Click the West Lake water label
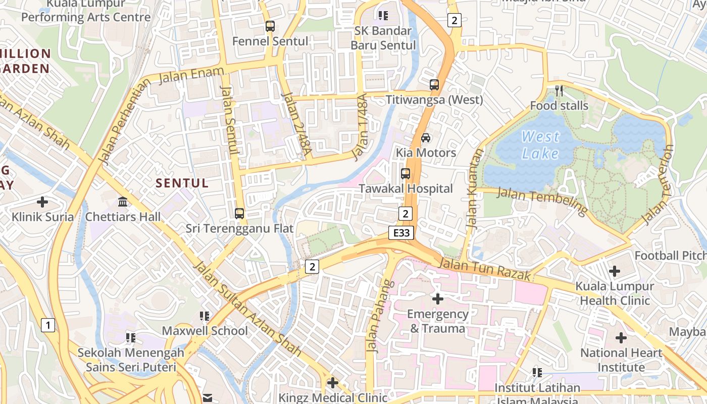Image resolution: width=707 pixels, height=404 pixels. [x=540, y=145]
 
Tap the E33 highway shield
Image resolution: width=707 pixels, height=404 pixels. [x=402, y=233]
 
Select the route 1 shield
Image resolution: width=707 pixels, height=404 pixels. [x=47, y=325]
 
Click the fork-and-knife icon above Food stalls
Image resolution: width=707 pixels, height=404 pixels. [x=559, y=91]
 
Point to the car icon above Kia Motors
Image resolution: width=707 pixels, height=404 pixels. [x=426, y=138]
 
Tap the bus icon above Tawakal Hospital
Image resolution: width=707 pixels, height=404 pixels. [x=405, y=174]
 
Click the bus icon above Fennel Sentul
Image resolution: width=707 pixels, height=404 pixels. [x=270, y=26]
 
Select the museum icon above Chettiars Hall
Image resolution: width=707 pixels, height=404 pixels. [x=123, y=202]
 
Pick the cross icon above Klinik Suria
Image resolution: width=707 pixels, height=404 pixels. [x=43, y=202]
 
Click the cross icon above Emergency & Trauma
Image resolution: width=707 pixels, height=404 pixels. [x=438, y=299]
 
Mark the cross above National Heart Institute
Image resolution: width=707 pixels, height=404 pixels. [x=621, y=337]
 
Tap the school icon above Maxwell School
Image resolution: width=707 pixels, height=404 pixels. [x=205, y=316]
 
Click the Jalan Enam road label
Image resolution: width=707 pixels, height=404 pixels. [x=191, y=76]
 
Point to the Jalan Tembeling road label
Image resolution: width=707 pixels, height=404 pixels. [x=542, y=201]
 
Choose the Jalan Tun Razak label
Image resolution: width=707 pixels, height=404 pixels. [x=485, y=269]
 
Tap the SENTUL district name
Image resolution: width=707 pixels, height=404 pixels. [x=182, y=183]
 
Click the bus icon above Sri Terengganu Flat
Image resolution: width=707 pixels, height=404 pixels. [x=239, y=214]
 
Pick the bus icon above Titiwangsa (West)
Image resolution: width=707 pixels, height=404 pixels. [x=434, y=85]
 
